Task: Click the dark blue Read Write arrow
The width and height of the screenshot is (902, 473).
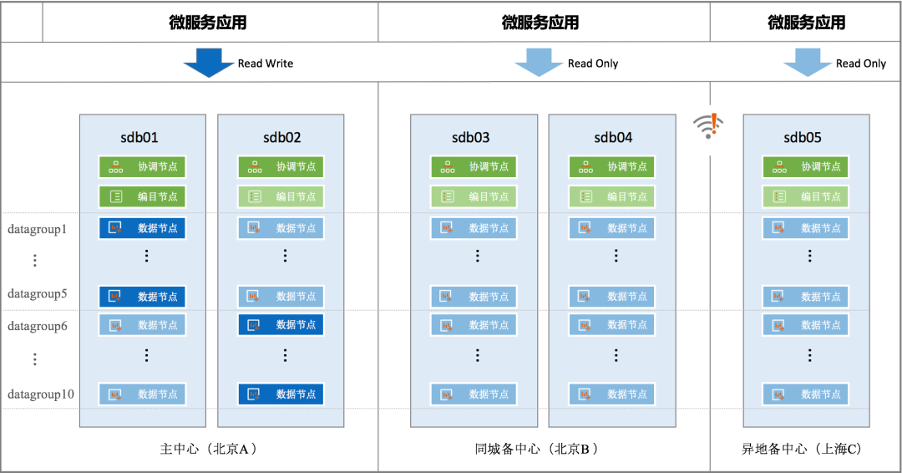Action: [x=209, y=62]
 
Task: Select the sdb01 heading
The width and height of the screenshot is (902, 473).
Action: [x=139, y=138]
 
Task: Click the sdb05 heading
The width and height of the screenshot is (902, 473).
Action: [x=803, y=138]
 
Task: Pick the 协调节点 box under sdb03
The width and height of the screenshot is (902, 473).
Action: [x=474, y=167]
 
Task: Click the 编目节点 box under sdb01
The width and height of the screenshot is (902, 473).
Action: [x=142, y=196]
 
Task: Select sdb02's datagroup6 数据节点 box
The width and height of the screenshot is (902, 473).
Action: [x=281, y=325]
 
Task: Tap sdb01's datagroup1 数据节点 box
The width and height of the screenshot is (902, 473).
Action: [x=142, y=228]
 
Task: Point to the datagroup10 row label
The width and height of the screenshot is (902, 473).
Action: [x=41, y=394]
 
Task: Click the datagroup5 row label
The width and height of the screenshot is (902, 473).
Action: [x=38, y=293]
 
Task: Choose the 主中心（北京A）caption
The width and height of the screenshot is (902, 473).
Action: [x=208, y=449]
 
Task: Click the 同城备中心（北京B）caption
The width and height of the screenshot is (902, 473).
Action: [x=536, y=449]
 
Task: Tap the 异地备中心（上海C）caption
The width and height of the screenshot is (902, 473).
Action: [x=801, y=449]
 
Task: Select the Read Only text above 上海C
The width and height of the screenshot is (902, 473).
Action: [x=861, y=64]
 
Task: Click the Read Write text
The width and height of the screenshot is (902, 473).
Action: [x=266, y=64]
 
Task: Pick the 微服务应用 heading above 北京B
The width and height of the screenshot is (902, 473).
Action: [x=540, y=23]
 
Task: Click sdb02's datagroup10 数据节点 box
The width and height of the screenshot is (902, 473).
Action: [x=281, y=394]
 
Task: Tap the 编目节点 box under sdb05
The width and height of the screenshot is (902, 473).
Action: [x=805, y=196]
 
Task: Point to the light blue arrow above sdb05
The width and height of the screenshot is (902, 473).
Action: [x=808, y=62]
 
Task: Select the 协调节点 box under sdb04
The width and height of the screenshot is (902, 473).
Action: [x=612, y=167]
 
